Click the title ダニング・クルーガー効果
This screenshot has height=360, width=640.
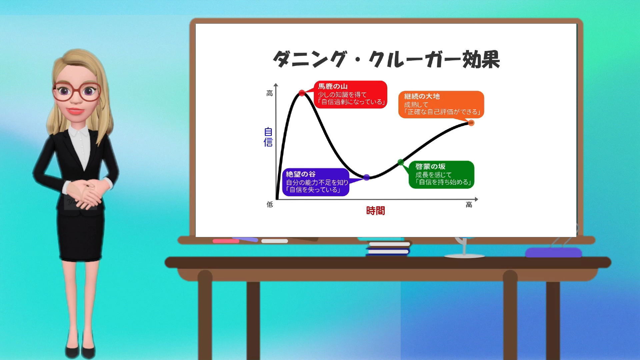tap(386, 60)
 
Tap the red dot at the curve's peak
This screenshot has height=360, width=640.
tap(302, 93)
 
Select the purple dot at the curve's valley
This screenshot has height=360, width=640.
tap(366, 177)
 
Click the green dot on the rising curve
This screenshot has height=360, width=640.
tap(401, 162)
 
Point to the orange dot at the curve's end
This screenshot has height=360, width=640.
tap(471, 123)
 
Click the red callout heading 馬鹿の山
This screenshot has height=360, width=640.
tap(333, 86)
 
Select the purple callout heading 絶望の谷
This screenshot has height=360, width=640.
tap(301, 174)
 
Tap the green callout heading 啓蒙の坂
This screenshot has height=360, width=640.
tap(430, 166)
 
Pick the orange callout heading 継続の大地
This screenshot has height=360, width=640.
tap(422, 96)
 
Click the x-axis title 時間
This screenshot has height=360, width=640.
tap(376, 211)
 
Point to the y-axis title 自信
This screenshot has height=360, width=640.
tap(268, 137)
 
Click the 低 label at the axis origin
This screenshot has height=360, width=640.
tap(270, 204)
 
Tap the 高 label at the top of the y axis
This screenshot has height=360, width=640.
tap(269, 93)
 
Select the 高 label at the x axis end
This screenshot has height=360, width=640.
tap(469, 205)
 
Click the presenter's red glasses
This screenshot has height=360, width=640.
tap(76, 91)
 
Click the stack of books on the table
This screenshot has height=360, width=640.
tap(388, 248)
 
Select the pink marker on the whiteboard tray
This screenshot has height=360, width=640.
tap(226, 241)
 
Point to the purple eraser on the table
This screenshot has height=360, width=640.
tap(553, 252)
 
